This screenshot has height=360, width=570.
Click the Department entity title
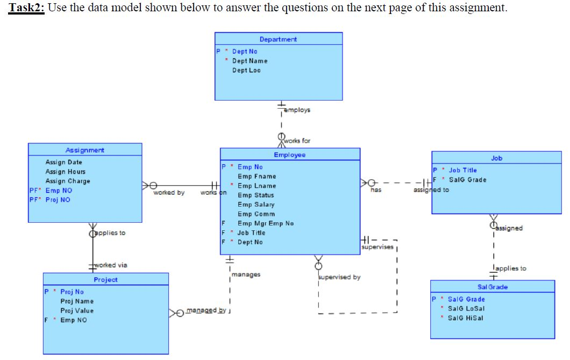[x=278, y=39]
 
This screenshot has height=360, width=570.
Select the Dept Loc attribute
[x=246, y=70]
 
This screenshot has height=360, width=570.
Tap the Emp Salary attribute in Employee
[x=256, y=204]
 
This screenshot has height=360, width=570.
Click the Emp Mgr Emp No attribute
[x=266, y=223]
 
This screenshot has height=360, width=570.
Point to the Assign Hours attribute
[x=65, y=172]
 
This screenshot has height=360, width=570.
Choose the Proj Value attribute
[x=77, y=310]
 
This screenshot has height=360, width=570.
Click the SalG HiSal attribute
[x=466, y=318]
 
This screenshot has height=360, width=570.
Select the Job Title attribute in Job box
[x=462, y=170]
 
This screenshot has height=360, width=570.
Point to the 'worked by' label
[x=169, y=193]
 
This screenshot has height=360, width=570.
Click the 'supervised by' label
[x=339, y=277]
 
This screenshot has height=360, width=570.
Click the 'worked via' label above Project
[x=111, y=265]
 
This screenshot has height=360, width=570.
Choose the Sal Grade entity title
[x=492, y=287]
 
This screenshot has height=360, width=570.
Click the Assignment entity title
[x=85, y=150]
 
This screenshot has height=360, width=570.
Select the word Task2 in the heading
[x=26, y=8]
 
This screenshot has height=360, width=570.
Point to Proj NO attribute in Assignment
[x=58, y=200]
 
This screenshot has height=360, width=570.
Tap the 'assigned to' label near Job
[x=431, y=190]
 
